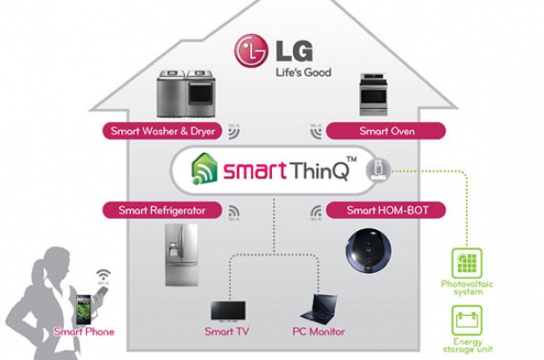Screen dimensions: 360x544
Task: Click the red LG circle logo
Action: pyautogui.click(x=251, y=50)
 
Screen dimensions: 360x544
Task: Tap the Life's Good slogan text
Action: pyautogui.click(x=304, y=72)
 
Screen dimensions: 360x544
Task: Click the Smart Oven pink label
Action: pyautogui.click(x=386, y=131)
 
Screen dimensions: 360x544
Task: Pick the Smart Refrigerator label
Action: pyautogui.click(x=162, y=211)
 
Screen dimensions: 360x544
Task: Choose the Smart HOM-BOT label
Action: pyautogui.click(x=386, y=211)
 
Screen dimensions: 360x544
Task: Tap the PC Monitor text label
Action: pyautogui.click(x=319, y=332)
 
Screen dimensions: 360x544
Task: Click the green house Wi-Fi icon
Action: pyautogui.click(x=204, y=169)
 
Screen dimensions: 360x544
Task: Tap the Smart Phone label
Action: pyautogui.click(x=83, y=332)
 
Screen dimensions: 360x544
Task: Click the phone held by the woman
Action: pyautogui.click(x=84, y=306)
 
